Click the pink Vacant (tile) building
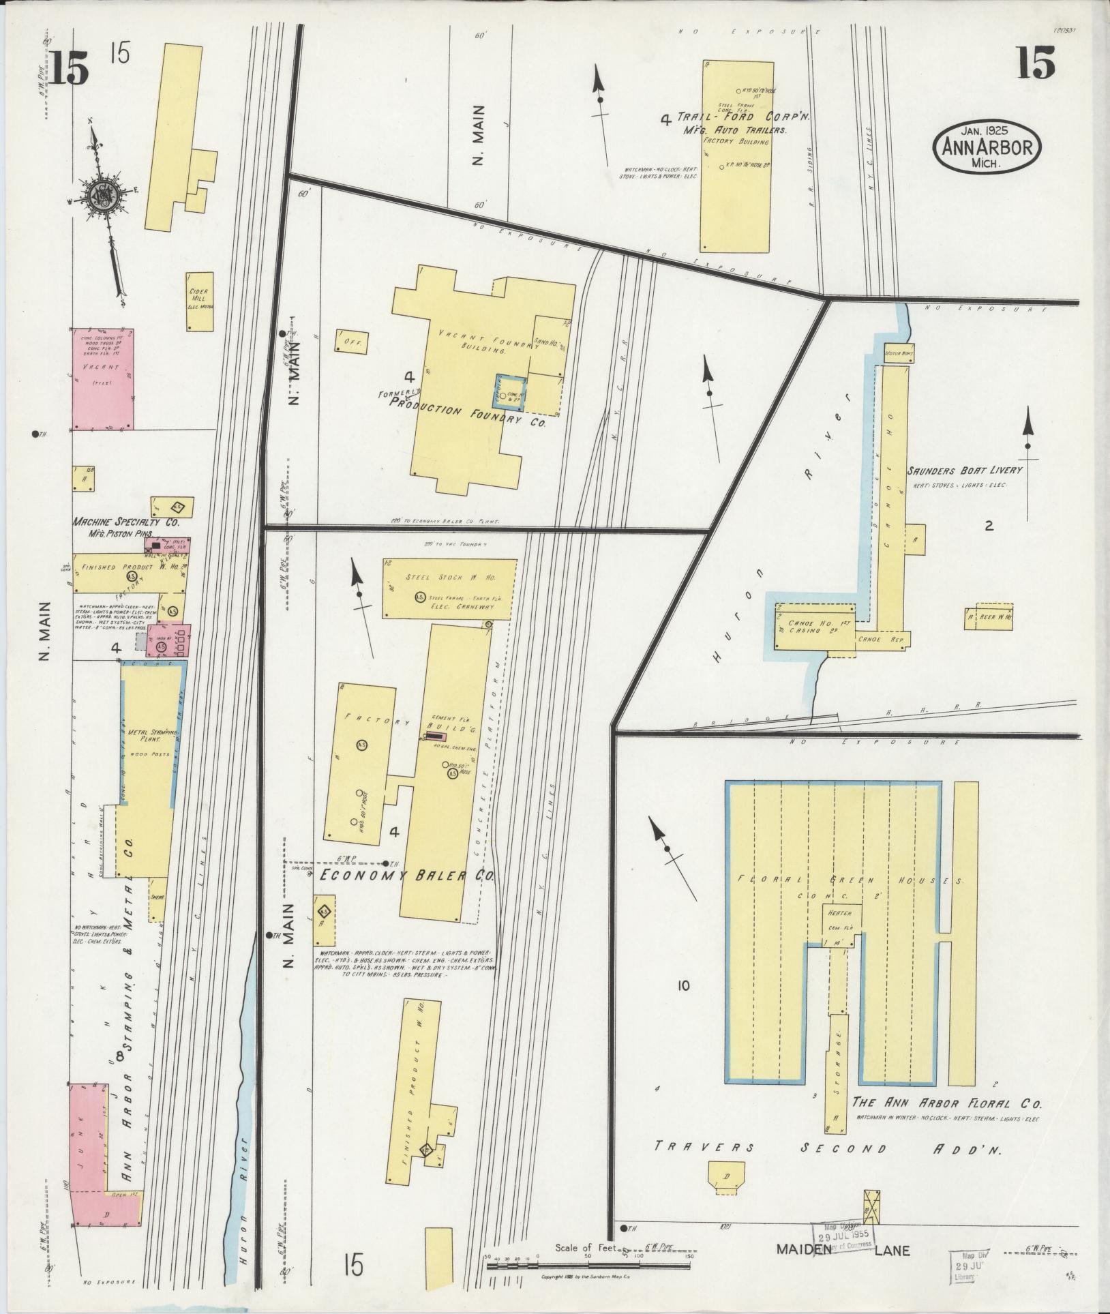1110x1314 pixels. (x=103, y=378)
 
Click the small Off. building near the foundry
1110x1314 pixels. (x=351, y=341)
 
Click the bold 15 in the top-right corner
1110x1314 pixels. (x=1036, y=63)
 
